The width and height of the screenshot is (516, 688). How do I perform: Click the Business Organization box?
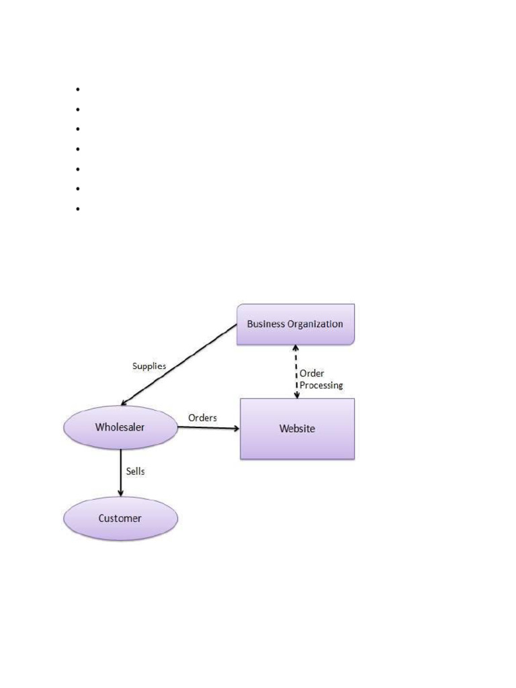(296, 325)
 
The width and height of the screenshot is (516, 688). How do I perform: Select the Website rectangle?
(297, 429)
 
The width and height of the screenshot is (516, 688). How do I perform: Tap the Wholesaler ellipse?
(120, 427)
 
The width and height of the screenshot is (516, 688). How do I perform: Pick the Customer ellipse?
(120, 519)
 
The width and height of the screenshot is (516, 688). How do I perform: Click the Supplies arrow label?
(149, 367)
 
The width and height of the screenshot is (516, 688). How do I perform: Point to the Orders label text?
(202, 418)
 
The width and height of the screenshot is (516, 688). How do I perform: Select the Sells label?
(135, 472)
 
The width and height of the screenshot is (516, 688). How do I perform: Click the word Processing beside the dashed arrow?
(321, 386)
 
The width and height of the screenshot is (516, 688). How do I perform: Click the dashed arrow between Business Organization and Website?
(295, 372)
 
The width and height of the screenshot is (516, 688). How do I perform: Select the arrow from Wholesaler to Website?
(208, 428)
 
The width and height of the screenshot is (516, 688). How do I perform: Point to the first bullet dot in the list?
(78, 89)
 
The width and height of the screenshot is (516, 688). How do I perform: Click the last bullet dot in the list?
(78, 209)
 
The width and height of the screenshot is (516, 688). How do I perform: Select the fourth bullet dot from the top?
(78, 149)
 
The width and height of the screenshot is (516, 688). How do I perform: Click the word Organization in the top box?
(315, 324)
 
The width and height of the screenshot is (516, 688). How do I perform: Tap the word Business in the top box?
(266, 324)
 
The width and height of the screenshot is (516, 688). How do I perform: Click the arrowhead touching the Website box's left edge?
(236, 428)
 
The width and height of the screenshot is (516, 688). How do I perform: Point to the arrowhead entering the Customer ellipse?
(120, 494)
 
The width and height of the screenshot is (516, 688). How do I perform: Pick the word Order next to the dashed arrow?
(312, 373)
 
